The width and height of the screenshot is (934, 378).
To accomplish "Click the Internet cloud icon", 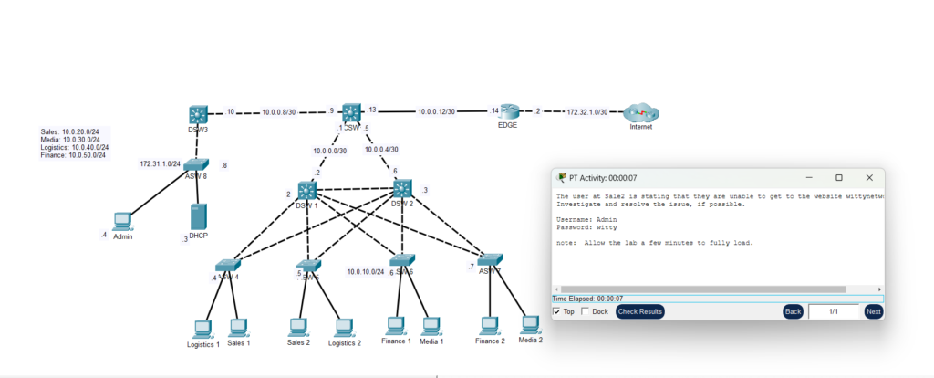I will [x=640, y=113].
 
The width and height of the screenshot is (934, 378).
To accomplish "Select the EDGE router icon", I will [x=508, y=111].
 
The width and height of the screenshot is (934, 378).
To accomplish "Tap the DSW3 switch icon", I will [x=199, y=114].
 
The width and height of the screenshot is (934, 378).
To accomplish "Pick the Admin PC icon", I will [x=122, y=221].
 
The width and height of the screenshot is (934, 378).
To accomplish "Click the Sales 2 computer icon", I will [x=297, y=326].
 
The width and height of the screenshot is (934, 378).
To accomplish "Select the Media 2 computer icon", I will [x=530, y=323].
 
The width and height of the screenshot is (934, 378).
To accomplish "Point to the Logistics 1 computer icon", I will [x=202, y=328].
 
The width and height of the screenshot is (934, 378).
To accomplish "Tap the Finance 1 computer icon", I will [x=396, y=325].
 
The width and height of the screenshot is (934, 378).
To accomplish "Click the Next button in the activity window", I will [x=873, y=311].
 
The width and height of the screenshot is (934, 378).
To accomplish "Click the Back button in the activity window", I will [x=793, y=311].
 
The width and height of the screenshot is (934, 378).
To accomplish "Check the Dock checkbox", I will [x=585, y=311].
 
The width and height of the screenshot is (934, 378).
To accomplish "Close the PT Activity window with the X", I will [x=869, y=177].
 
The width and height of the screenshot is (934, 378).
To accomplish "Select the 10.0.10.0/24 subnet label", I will [x=365, y=271].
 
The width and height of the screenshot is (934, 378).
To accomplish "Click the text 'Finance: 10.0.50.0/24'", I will [x=73, y=155].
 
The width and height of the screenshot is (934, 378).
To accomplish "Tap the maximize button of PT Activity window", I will [x=839, y=177].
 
